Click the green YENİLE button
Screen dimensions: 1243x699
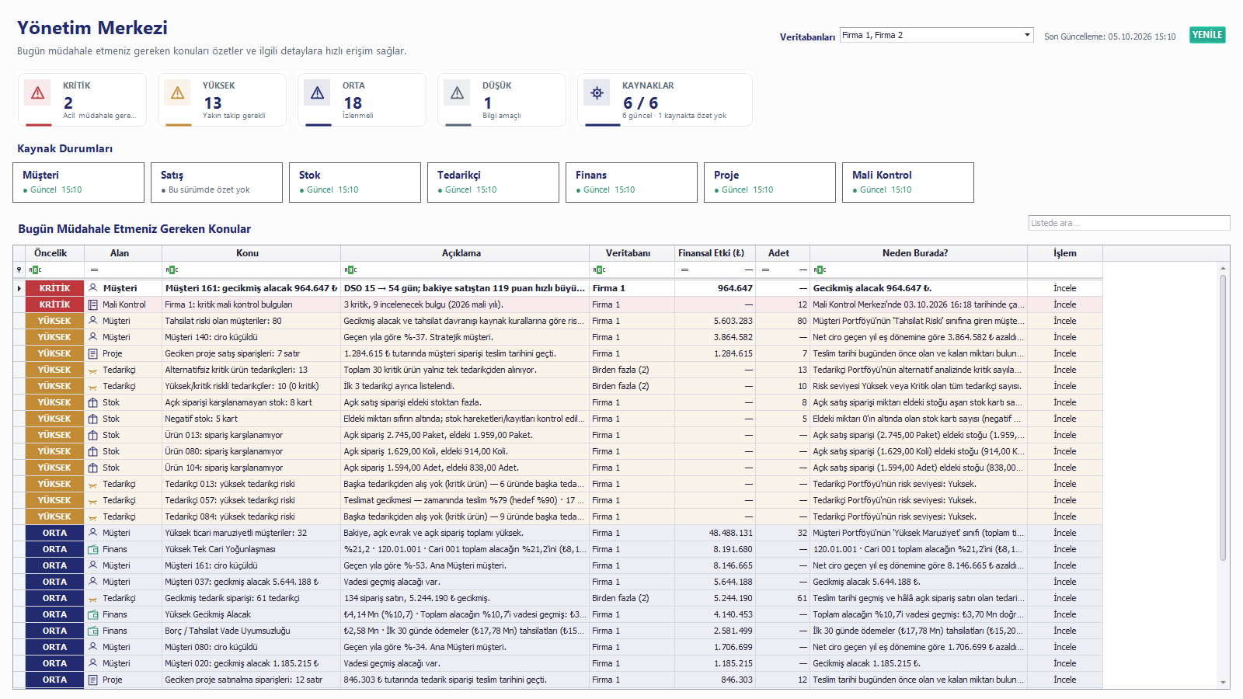click(x=1207, y=35)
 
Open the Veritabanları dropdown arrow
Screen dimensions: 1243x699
click(x=1027, y=35)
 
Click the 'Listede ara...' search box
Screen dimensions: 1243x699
click(x=1129, y=223)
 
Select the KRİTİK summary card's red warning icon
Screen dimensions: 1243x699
click(x=38, y=92)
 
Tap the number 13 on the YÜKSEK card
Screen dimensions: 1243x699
click(x=213, y=103)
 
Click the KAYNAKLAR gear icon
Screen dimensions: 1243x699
click(x=597, y=92)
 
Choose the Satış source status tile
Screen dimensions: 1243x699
click(x=217, y=183)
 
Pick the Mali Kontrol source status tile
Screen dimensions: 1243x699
click(x=908, y=183)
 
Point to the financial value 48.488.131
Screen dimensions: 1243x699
click(x=731, y=533)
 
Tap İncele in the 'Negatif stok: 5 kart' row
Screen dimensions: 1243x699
click(x=1065, y=419)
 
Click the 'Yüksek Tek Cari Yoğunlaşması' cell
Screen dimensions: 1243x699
click(x=220, y=549)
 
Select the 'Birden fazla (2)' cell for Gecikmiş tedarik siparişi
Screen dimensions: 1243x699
click(x=621, y=598)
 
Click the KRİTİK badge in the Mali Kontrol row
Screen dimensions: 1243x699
click(x=54, y=304)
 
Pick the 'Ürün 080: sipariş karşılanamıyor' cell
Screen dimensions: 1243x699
click(x=224, y=451)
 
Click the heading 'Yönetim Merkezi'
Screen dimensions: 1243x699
click(x=92, y=28)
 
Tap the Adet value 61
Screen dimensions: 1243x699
click(x=802, y=598)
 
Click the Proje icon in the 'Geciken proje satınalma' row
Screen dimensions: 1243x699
click(x=93, y=680)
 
